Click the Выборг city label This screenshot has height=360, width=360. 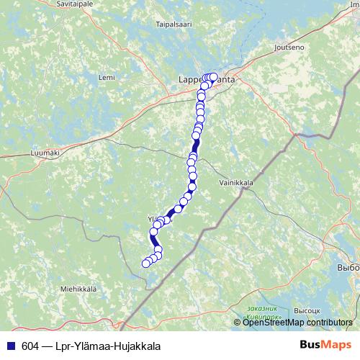(348, 266)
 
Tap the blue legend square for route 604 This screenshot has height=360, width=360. (10, 346)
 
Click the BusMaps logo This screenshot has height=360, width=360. (325, 346)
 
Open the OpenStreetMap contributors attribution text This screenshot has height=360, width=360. (297, 323)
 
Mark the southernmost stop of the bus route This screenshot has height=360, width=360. (145, 264)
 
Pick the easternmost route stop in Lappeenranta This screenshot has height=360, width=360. (213, 76)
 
